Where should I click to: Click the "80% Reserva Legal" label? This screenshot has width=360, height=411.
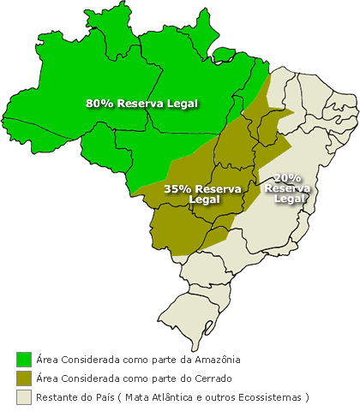141,103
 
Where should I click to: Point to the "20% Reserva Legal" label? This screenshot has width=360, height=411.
287,188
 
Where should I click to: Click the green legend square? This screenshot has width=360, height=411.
23,359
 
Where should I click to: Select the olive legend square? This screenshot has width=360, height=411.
23,378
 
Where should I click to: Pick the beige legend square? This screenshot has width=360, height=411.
23,396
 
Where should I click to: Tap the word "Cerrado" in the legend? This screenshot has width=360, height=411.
210,378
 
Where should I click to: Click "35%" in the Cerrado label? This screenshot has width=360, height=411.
177,188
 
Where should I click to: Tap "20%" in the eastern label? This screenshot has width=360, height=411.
287,177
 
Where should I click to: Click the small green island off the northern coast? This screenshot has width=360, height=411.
224,56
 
